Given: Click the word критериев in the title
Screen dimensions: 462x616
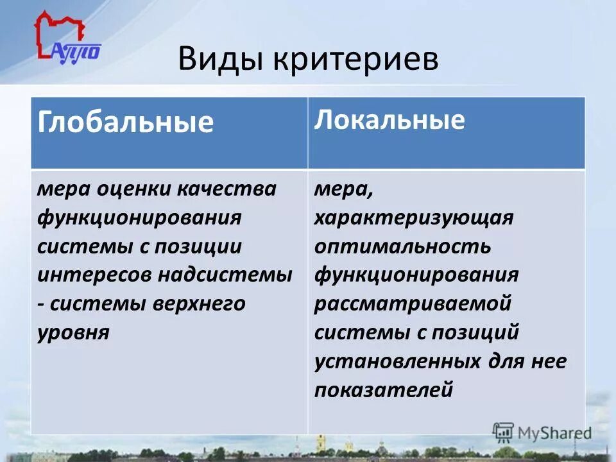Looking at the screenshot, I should [356, 60].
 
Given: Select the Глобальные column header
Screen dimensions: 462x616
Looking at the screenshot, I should [126, 122].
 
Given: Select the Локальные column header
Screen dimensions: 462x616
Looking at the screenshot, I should [389, 120].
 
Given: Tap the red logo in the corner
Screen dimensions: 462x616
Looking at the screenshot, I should [64, 38].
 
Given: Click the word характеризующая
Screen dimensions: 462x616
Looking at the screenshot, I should [414, 218].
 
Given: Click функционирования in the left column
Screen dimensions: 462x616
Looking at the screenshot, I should [139, 218].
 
